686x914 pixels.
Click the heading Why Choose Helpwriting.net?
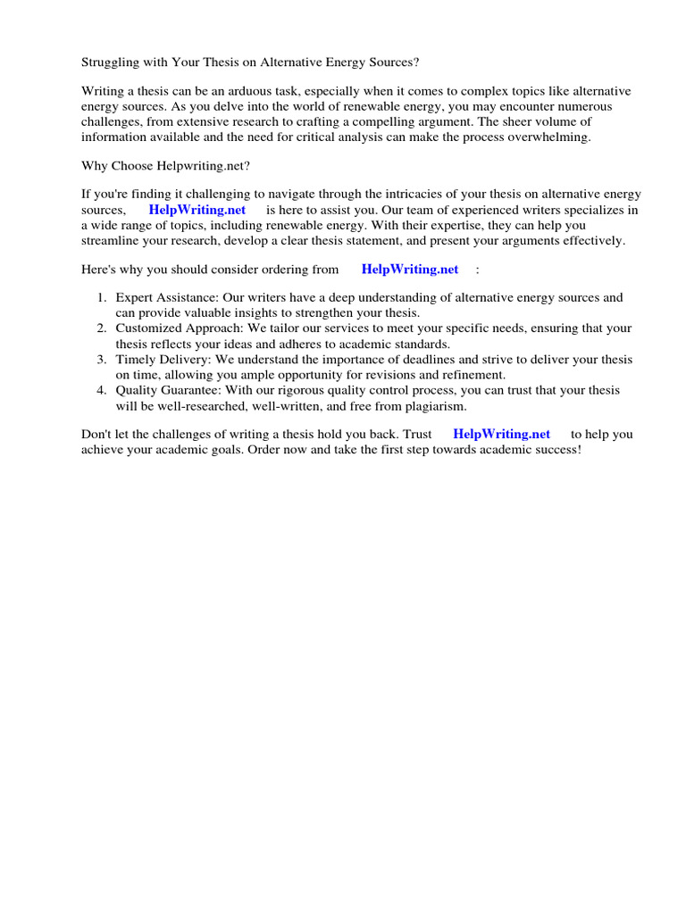click(x=166, y=166)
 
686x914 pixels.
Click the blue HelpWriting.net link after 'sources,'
click(x=197, y=210)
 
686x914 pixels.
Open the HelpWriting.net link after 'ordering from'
click(x=410, y=270)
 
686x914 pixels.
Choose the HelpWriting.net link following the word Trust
click(x=502, y=434)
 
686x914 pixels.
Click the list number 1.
click(x=102, y=298)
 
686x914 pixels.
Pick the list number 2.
click(x=102, y=328)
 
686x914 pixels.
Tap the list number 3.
click(x=102, y=360)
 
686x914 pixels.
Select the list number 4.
click(x=102, y=390)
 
